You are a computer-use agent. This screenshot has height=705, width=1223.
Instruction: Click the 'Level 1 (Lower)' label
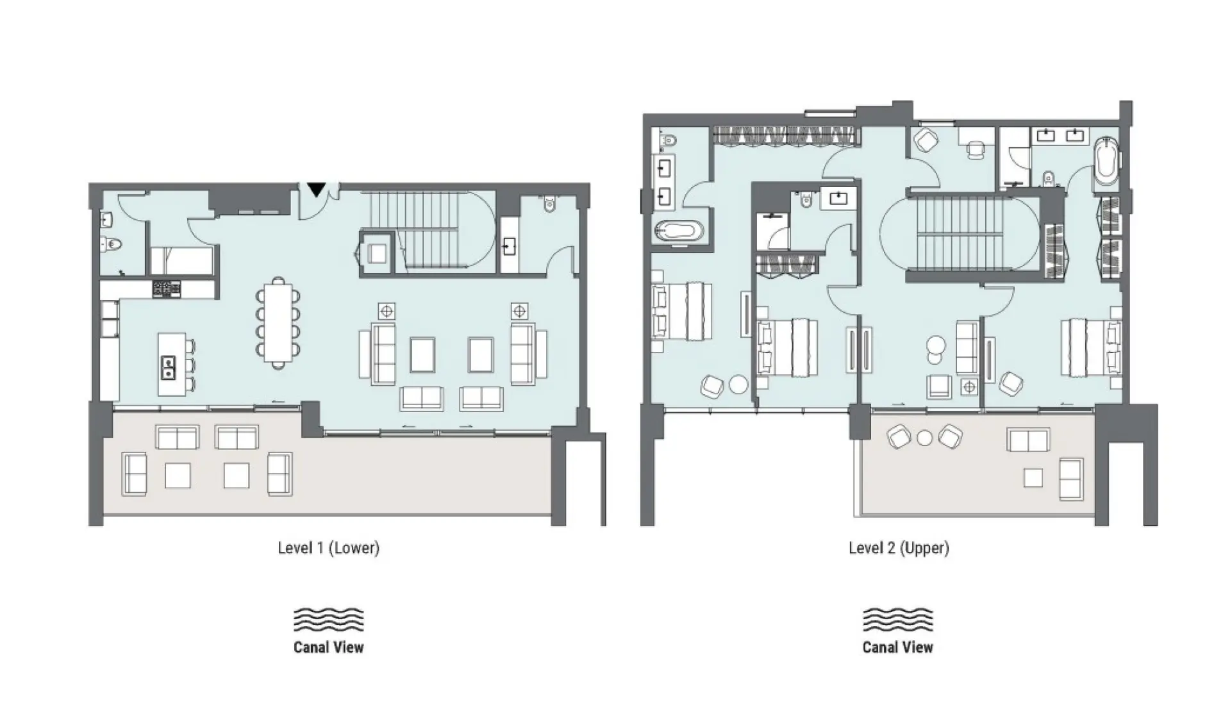pyautogui.click(x=328, y=548)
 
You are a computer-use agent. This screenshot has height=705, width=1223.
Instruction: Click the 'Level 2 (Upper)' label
pyautogui.click(x=898, y=548)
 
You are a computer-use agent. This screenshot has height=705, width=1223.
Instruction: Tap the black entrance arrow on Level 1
pyautogui.click(x=315, y=190)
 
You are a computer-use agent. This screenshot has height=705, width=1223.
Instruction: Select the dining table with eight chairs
pyautogui.click(x=278, y=323)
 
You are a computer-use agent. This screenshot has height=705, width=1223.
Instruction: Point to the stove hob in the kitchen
pyautogui.click(x=166, y=288)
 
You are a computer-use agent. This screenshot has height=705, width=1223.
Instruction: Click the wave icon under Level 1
pyautogui.click(x=328, y=619)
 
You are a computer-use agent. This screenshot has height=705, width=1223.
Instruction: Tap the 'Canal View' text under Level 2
pyautogui.click(x=897, y=647)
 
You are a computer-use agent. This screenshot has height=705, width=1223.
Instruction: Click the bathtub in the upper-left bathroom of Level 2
pyautogui.click(x=678, y=231)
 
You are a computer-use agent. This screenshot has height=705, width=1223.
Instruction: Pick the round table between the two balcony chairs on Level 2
pyautogui.click(x=924, y=438)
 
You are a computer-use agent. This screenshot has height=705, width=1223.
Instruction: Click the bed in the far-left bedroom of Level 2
pyautogui.click(x=682, y=311)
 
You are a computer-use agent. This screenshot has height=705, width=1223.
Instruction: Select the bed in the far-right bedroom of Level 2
pyautogui.click(x=1090, y=347)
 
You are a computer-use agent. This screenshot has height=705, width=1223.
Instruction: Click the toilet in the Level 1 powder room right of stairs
pyautogui.click(x=550, y=204)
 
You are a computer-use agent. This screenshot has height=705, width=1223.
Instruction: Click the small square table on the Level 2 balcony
pyautogui.click(x=1033, y=477)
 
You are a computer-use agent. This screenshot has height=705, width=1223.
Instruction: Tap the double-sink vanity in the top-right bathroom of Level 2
pyautogui.click(x=1061, y=136)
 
